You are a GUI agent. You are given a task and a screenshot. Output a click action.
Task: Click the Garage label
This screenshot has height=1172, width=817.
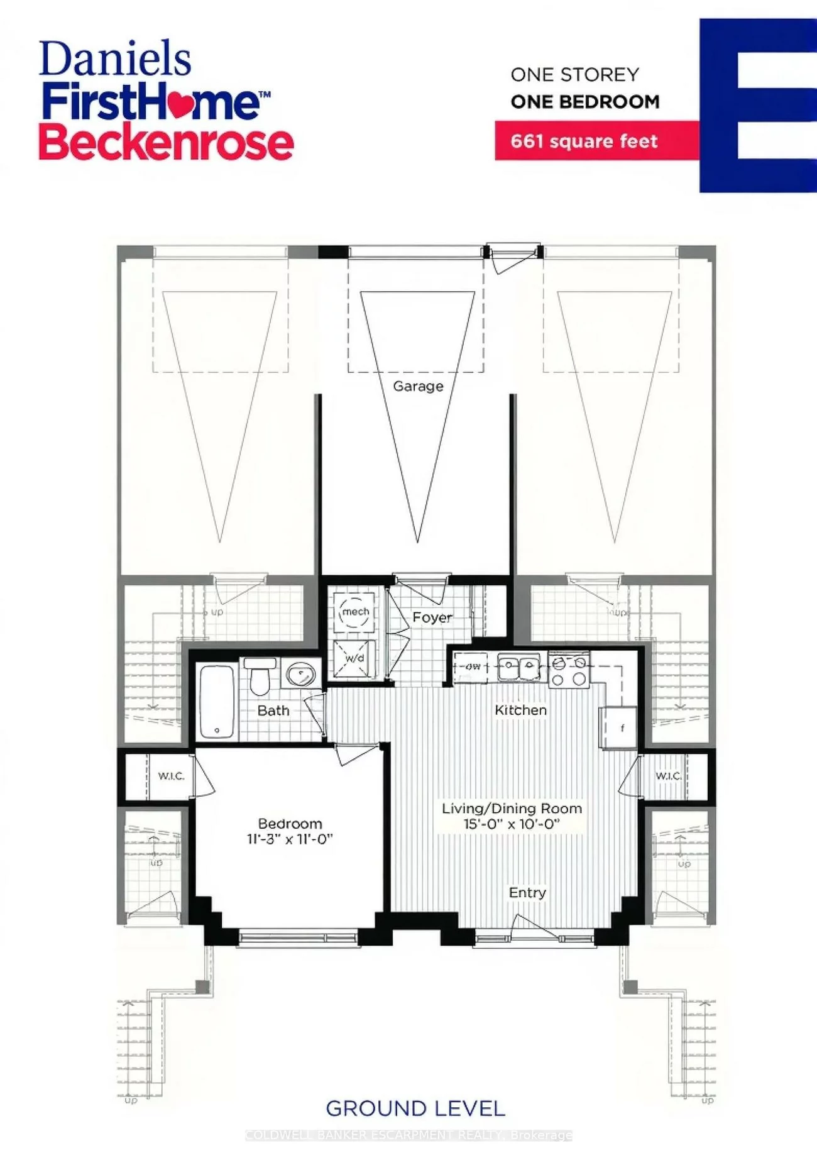[x=418, y=386]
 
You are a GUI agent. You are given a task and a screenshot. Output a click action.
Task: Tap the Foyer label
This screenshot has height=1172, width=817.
[x=432, y=617]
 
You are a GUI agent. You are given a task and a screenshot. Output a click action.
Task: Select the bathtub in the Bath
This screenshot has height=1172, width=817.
[x=217, y=702]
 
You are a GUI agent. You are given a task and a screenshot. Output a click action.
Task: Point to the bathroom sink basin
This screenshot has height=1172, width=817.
[x=301, y=675]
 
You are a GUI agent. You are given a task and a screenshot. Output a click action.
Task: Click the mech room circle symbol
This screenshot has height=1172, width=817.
[x=355, y=612]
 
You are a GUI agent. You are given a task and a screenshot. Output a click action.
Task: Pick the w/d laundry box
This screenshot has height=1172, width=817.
[x=354, y=658]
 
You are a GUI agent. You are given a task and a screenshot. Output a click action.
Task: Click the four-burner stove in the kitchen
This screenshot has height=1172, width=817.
[x=569, y=670]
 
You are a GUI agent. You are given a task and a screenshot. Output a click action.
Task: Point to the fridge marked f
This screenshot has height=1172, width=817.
[x=621, y=728]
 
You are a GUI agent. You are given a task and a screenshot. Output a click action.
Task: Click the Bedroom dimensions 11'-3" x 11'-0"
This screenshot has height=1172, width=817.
[x=290, y=839]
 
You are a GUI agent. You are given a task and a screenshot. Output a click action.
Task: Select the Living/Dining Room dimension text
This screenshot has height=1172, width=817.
[x=512, y=824]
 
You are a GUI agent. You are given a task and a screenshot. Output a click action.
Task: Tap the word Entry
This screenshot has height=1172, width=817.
[x=527, y=892]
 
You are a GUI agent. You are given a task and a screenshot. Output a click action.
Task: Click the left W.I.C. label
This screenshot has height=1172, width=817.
[x=171, y=776]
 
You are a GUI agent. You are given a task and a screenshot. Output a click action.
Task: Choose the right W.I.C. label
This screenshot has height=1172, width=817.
[x=668, y=776]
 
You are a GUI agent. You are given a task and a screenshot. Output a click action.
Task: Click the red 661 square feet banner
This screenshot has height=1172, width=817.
[x=584, y=141]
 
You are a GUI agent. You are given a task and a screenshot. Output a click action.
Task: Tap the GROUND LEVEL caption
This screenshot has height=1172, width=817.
[x=415, y=1108]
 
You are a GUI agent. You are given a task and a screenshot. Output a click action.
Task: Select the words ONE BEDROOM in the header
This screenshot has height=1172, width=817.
[x=585, y=101]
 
